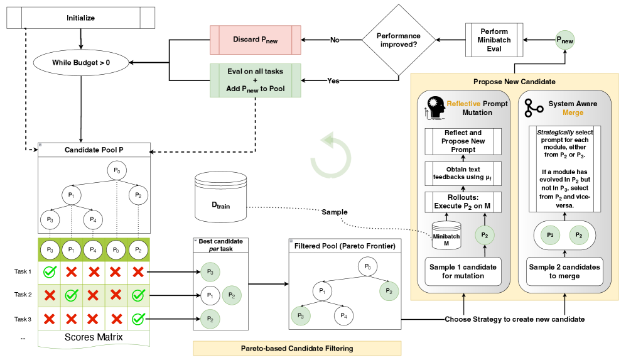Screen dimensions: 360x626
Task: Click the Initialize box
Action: click(x=80, y=18)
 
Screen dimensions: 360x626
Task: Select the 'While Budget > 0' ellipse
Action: click(x=80, y=62)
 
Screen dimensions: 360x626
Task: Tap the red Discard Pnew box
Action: click(x=255, y=40)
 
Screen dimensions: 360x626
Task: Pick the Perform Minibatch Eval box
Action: click(x=494, y=40)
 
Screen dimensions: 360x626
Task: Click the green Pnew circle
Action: click(x=565, y=41)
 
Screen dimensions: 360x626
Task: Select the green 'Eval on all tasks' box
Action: click(x=255, y=80)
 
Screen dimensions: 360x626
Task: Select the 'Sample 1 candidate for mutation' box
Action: click(x=463, y=271)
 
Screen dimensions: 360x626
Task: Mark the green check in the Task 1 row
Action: click(x=51, y=272)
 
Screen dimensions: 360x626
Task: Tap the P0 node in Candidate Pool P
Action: click(x=116, y=170)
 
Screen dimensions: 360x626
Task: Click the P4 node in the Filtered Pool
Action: click(x=343, y=315)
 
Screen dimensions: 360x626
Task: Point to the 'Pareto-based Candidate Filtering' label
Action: click(x=296, y=348)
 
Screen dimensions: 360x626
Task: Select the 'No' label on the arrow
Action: click(x=335, y=40)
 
